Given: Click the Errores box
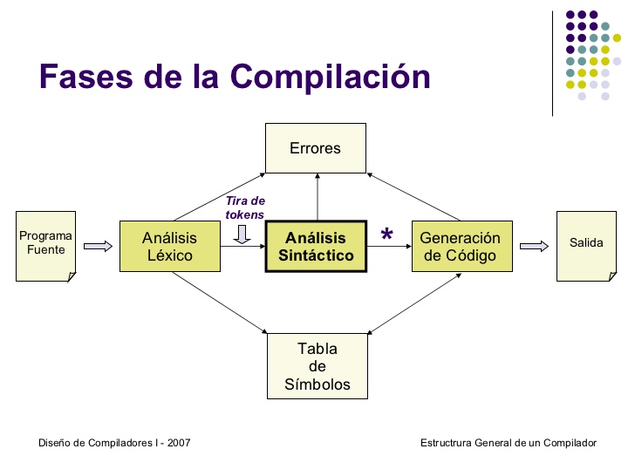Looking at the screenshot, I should click(316, 148).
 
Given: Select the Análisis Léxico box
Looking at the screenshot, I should click(169, 246).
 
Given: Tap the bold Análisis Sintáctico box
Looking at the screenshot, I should click(316, 247).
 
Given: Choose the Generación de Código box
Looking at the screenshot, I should click(460, 246).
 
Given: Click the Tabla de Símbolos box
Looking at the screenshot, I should click(317, 366).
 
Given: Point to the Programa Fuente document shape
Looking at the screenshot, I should click(45, 244).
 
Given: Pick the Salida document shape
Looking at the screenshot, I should click(586, 244).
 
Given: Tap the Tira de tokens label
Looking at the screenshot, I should click(245, 207).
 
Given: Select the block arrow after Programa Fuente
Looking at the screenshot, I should click(98, 246).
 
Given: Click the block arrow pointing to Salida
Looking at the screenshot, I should click(534, 246).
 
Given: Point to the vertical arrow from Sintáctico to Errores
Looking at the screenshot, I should click(317, 196).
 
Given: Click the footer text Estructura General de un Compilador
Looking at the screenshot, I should click(509, 443).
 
